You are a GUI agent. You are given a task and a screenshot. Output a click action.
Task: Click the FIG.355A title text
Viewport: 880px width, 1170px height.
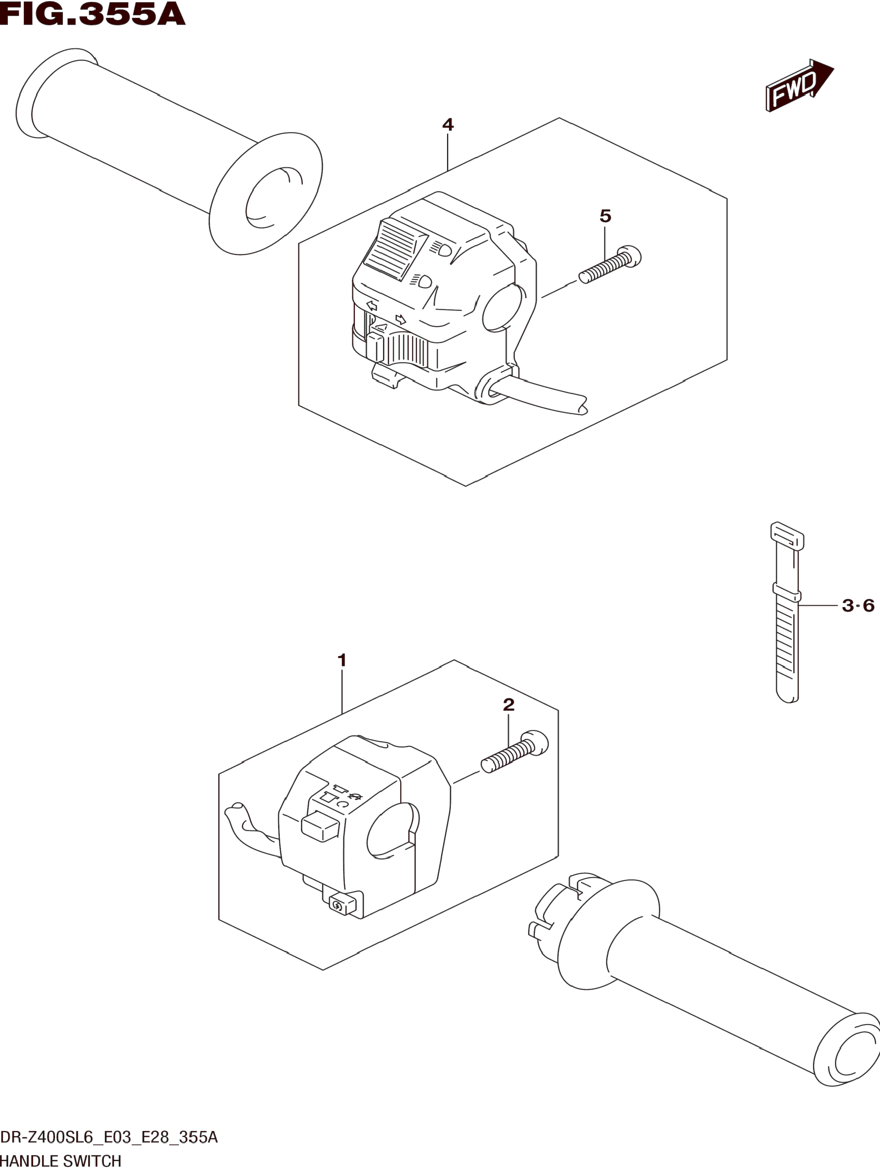93,15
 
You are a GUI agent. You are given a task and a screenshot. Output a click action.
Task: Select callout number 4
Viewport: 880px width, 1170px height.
447,125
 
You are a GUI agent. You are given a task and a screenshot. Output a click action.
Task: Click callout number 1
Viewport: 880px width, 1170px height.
342,660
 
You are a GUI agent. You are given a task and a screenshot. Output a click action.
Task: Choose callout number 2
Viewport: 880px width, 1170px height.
508,705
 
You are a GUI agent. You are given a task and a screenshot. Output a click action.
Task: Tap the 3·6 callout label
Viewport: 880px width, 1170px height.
858,605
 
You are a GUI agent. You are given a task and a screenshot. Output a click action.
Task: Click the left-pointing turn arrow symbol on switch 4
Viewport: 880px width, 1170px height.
371,305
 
